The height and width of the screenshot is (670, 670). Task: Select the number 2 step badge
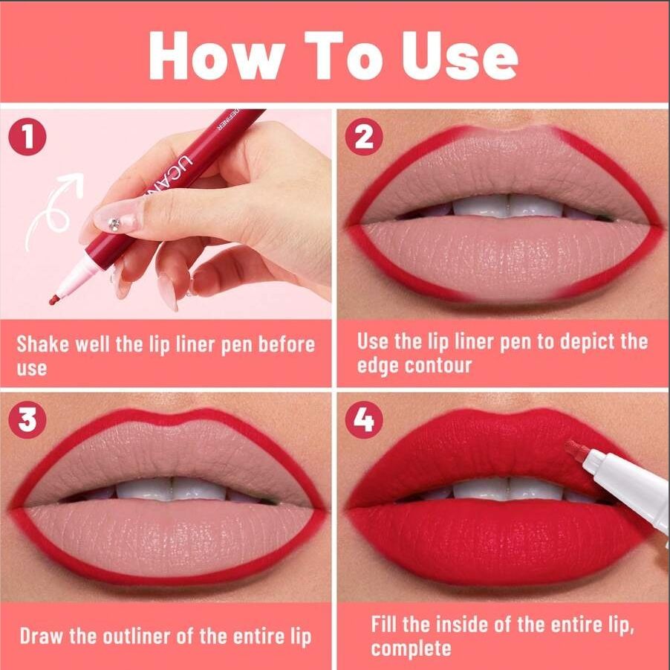[363, 138]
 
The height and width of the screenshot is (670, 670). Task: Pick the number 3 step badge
[27, 421]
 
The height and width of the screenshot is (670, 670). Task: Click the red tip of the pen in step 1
[54, 300]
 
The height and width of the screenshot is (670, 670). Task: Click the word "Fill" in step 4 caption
[386, 624]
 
